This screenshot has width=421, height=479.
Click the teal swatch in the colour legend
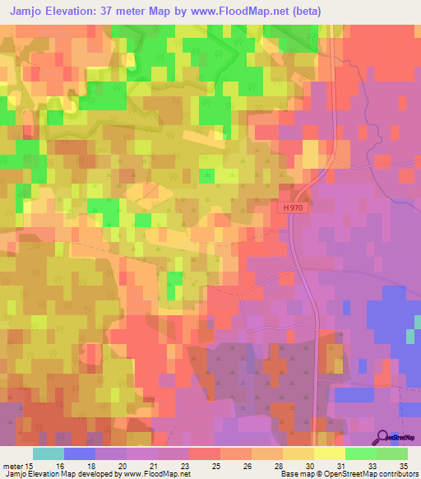[x=49, y=453]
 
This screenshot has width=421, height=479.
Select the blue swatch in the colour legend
[x=80, y=453]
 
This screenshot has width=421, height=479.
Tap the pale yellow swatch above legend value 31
[x=330, y=453]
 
